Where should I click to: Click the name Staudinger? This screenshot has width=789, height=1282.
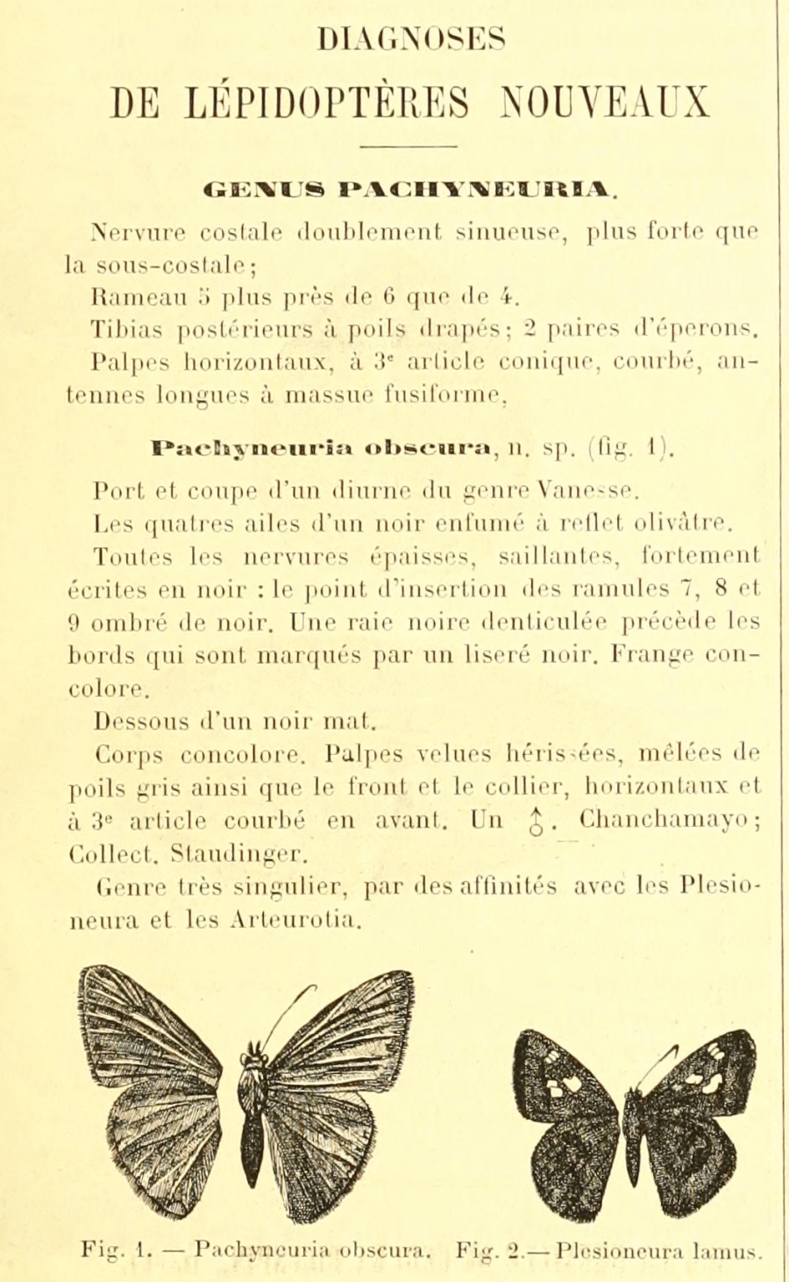coord(226,855)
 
